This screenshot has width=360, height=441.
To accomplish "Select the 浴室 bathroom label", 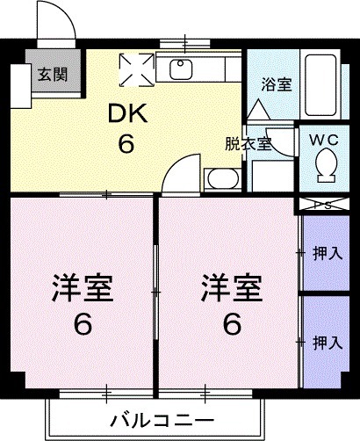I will tap(276, 85).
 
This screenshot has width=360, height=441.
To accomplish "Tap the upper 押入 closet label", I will tap(327, 254).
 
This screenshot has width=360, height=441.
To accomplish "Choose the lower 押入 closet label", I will tap(327, 342).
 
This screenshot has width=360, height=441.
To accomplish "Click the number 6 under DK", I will tap(126, 143).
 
